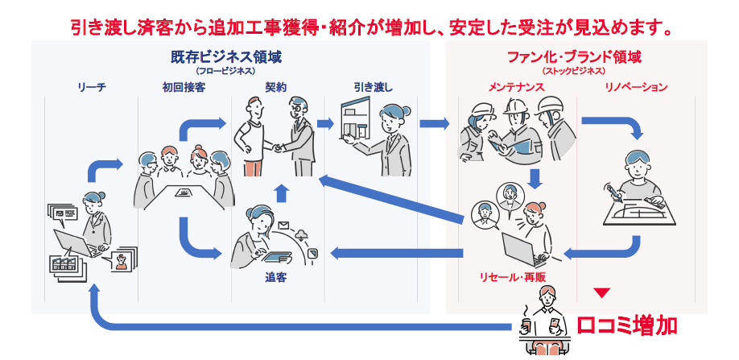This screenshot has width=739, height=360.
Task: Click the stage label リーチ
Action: click(92, 87)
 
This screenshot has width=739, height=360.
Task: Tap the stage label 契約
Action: click(277, 87)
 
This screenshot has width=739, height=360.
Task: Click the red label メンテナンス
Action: click(516, 87)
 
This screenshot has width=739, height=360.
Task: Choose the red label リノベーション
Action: click(636, 87)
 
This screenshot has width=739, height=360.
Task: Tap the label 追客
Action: click(275, 278)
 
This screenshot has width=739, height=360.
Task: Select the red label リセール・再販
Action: click(512, 277)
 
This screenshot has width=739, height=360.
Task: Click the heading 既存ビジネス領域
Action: click(226, 57)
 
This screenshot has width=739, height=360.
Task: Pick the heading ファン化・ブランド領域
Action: click(574, 57)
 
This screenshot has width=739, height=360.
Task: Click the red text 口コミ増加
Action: click(627, 325)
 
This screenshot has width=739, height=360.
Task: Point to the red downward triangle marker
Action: click(602, 293)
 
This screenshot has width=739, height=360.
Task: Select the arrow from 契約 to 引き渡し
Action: click(325, 124)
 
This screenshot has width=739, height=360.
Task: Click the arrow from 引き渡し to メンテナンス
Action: click(434, 124)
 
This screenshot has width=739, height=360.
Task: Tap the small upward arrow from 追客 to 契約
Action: click(282, 193)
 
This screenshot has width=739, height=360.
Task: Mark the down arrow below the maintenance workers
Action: click(535, 178)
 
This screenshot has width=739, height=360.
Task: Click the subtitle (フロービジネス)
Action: click(226, 71)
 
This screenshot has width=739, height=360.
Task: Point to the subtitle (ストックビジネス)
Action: click(574, 71)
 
